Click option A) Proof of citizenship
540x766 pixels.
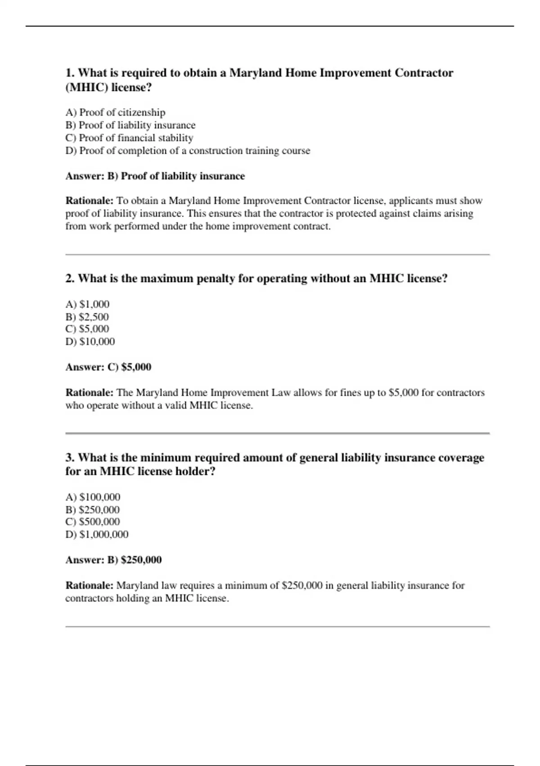pyautogui.click(x=115, y=112)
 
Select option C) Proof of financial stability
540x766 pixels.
pyautogui.click(x=129, y=138)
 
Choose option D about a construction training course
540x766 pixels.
pyautogui.click(x=188, y=150)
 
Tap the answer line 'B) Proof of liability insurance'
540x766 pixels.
pyautogui.click(x=155, y=176)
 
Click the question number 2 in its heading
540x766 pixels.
pyautogui.click(x=69, y=278)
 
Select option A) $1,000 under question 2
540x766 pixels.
pyautogui.click(x=87, y=304)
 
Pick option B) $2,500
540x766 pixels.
pyautogui.click(x=87, y=317)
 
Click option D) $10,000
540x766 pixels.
pyautogui.click(x=90, y=342)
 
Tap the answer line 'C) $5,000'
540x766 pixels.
pyautogui.click(x=108, y=367)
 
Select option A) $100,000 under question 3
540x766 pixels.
pyautogui.click(x=93, y=497)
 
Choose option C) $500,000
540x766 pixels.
pyautogui.click(x=93, y=522)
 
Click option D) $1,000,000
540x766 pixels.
pyautogui.click(x=97, y=534)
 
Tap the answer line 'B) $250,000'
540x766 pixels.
pyautogui.click(x=113, y=560)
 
